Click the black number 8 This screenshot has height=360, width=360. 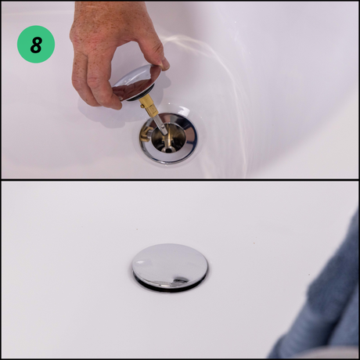click(36, 45)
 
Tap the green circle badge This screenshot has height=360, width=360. click(36, 45)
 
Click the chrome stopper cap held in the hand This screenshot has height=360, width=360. click(137, 83)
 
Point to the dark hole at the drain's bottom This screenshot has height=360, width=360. click(168, 149)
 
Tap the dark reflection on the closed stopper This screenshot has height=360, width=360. click(180, 280)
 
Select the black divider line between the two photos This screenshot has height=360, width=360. click(180, 180)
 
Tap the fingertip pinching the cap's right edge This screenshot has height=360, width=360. click(164, 65)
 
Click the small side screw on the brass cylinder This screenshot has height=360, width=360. click(142, 106)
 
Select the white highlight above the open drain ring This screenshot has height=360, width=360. click(185, 112)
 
